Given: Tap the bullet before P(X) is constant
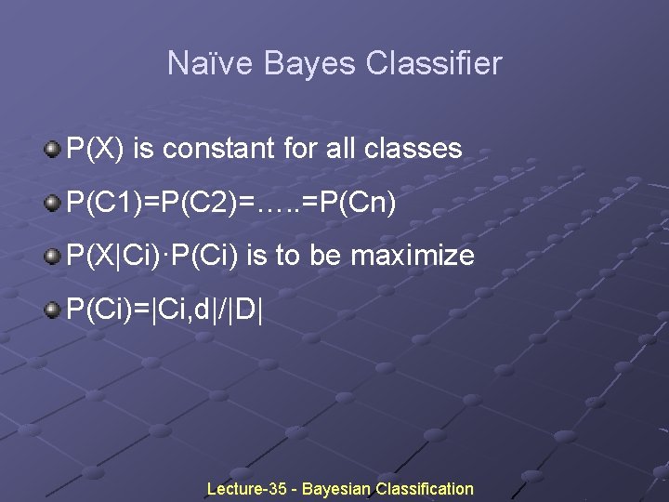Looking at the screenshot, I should coord(53,147).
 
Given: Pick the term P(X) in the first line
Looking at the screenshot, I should coord(97,148).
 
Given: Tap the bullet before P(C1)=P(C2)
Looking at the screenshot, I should coord(53,200).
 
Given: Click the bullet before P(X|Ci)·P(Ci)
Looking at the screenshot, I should coord(53,253).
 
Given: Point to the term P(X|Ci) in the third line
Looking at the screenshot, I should coord(112,254).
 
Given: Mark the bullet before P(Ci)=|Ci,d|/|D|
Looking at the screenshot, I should coord(53,307).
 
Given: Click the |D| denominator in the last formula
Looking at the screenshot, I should coord(247,308).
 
